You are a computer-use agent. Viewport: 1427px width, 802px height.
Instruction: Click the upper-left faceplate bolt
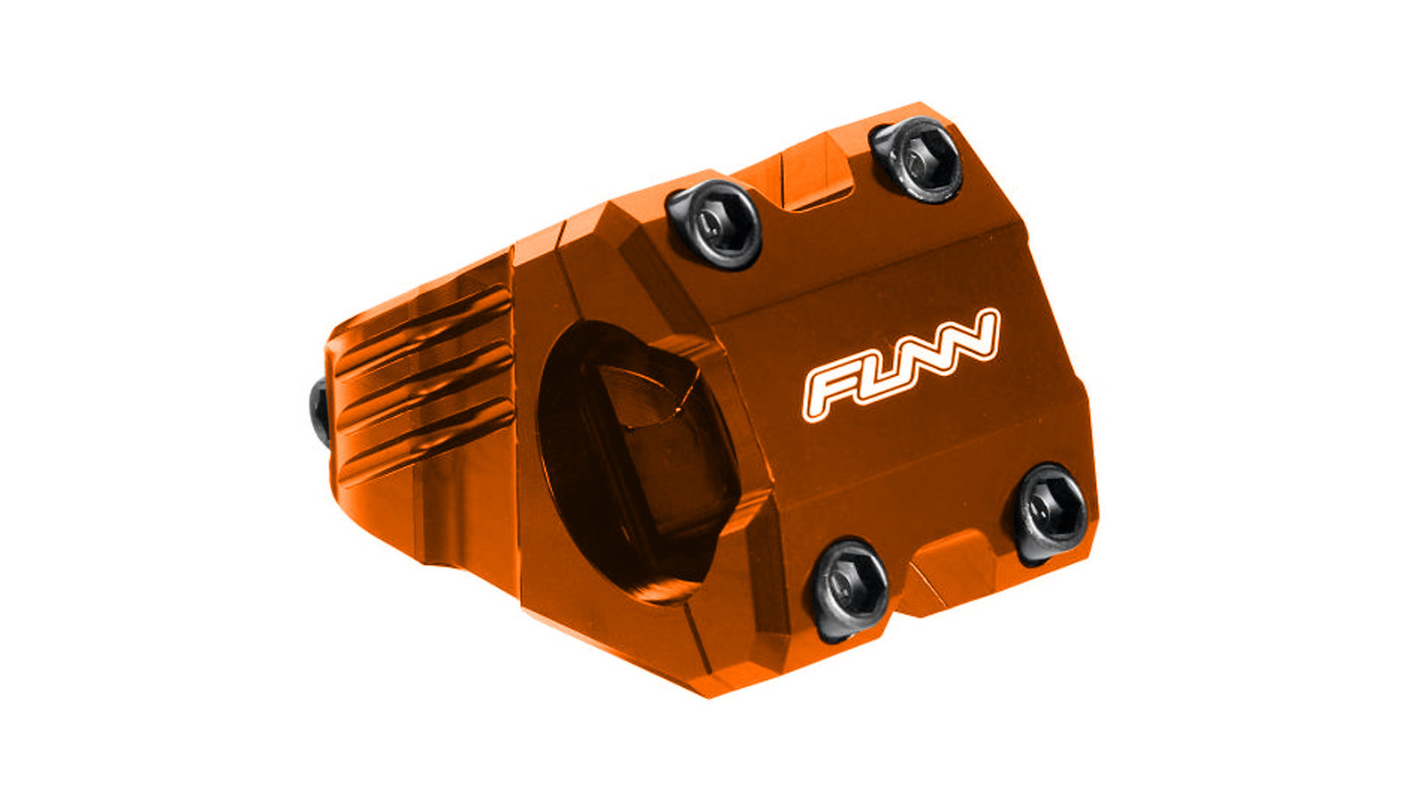[713, 224]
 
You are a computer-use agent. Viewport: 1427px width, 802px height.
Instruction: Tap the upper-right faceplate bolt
[917, 160]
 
